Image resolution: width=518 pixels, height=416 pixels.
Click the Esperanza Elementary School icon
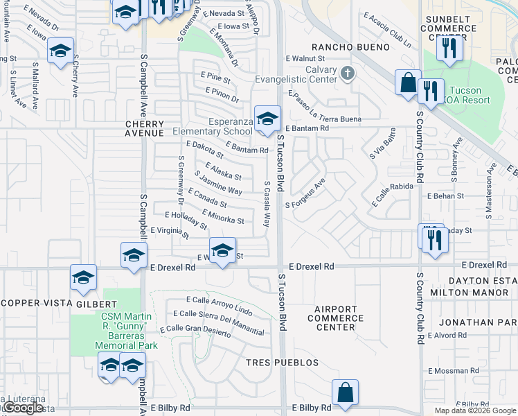pos(267,119)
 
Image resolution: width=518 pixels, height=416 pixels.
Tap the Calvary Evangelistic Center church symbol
pos(348,72)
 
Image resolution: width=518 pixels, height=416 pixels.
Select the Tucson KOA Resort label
pos(470,96)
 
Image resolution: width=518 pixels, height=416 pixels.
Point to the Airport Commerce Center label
pos(335,318)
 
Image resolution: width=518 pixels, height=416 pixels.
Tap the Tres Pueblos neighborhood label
pos(282,363)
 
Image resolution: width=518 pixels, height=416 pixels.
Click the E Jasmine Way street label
pos(218,183)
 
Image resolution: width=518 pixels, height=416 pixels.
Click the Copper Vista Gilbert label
pos(60,304)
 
